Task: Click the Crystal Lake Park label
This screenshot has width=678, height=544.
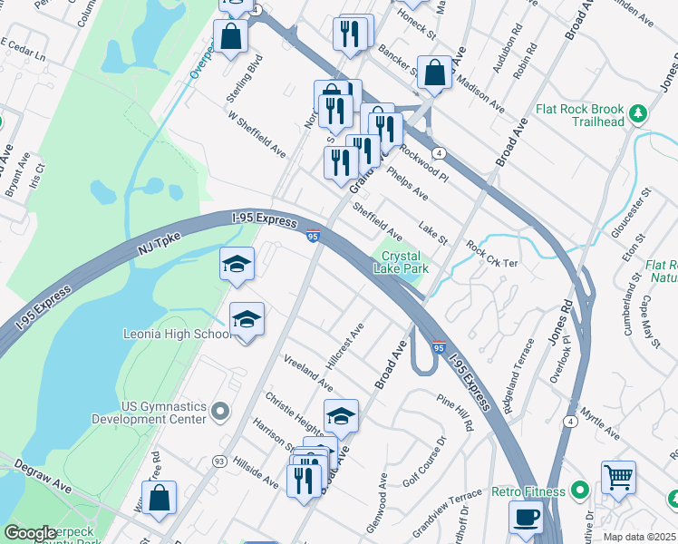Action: pyautogui.click(x=400, y=262)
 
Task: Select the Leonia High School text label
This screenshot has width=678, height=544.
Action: pyautogui.click(x=178, y=334)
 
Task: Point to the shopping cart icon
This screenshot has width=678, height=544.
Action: pyautogui.click(x=618, y=476)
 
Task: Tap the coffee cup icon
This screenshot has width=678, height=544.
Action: pyautogui.click(x=526, y=518)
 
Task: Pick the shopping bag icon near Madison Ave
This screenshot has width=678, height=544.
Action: pyautogui.click(x=435, y=73)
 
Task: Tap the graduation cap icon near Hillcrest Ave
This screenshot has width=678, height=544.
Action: pyautogui.click(x=341, y=416)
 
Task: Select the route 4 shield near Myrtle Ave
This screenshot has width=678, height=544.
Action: pyautogui.click(x=570, y=421)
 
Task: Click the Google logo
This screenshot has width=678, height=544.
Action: pyautogui.click(x=30, y=534)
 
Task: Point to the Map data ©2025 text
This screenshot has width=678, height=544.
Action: pyautogui.click(x=639, y=537)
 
